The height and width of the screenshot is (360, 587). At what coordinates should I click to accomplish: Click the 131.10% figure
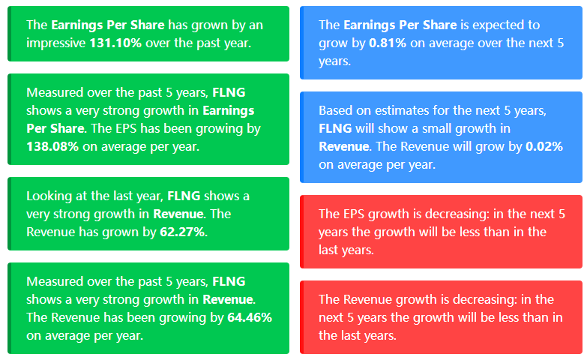pos(115,43)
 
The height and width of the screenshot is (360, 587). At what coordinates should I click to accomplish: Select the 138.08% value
pos(52,146)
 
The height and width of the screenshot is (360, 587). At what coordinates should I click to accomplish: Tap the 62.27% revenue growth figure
pos(182,232)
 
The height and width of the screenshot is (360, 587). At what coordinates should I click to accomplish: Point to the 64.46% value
pos(250,317)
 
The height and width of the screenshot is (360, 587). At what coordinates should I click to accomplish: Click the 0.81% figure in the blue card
pos(388,43)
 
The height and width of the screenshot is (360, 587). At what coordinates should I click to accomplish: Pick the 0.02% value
pos(544,146)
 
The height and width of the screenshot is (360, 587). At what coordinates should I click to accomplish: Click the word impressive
pos(56,43)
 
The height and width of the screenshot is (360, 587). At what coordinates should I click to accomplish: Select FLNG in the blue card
pos(335,128)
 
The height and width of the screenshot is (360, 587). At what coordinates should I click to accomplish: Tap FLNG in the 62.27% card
pos(184,196)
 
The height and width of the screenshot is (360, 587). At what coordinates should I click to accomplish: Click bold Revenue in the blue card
pos(343,146)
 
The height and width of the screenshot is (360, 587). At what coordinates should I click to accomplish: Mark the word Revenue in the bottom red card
pos(367,299)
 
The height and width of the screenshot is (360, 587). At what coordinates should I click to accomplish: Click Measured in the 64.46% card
pos(55,281)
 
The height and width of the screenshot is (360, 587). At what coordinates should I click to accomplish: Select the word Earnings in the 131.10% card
pos(76,25)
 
